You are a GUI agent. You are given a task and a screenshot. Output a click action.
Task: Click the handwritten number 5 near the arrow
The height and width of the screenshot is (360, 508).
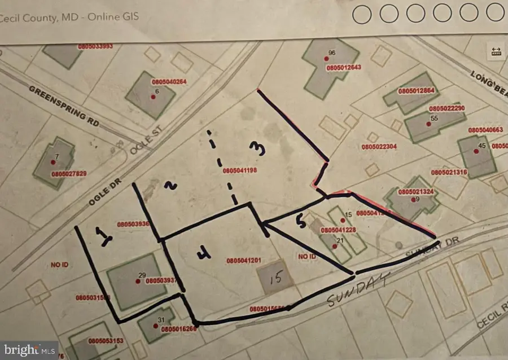click(302, 223)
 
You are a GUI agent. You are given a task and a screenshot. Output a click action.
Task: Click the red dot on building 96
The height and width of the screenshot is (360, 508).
click(326, 59)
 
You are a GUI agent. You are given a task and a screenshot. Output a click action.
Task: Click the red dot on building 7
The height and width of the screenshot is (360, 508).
click(53, 162)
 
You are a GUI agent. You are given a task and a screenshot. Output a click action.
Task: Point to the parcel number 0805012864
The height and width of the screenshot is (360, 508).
click(415, 91)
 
